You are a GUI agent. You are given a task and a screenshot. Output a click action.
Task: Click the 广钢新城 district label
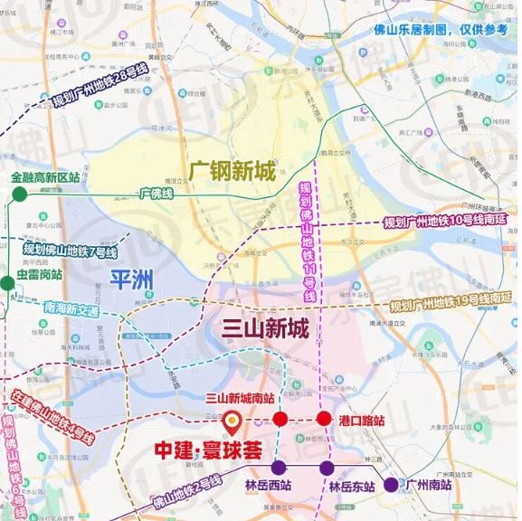click(x=233, y=169)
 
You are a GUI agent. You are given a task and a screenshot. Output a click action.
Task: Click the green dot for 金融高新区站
click(x=17, y=193)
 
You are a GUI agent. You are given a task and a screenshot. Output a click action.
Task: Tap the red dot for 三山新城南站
click(x=280, y=419)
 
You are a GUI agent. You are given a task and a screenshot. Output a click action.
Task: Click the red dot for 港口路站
click(x=323, y=419)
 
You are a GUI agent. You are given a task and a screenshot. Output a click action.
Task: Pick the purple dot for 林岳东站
click(x=326, y=468)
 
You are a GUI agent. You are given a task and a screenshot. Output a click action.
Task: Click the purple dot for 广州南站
click(x=391, y=485)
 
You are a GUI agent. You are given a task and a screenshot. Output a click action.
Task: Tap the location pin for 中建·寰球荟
click(x=231, y=420)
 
